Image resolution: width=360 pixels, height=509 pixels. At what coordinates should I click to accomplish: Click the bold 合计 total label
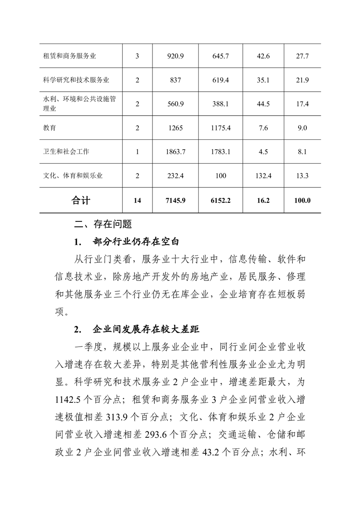pyautogui.click(x=81, y=200)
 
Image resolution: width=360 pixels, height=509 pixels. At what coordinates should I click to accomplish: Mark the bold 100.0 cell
pyautogui.click(x=302, y=200)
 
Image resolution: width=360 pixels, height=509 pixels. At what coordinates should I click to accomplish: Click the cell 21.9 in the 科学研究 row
pyautogui.click(x=302, y=80)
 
